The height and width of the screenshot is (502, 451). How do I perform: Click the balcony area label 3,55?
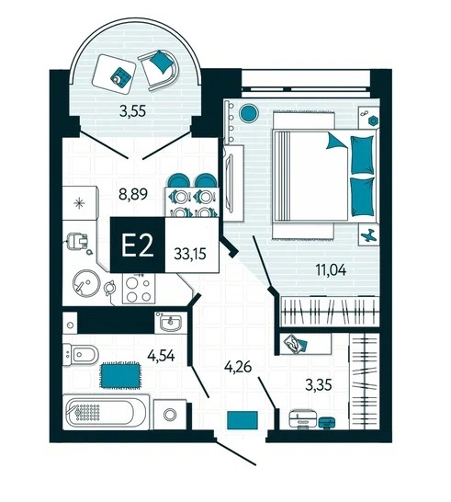pos(133,111)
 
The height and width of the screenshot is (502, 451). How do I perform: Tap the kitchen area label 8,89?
pos(133,194)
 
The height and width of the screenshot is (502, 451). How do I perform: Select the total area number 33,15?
pos(190,254)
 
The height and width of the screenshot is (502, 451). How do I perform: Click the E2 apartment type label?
pos(138,245)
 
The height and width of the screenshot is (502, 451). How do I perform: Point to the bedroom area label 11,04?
pos(331,270)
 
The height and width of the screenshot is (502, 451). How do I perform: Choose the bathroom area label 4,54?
pos(161,356)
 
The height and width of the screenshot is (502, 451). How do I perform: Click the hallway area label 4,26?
pos(238,367)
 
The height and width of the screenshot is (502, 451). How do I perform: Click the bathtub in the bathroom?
pos(107,412)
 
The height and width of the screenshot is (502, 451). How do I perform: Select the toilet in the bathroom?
pos(80,354)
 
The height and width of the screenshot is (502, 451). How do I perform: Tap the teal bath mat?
pos(120,375)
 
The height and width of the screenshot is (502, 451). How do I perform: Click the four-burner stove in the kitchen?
pos(139,290)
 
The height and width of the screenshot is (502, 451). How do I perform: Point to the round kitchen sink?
pos(86,284)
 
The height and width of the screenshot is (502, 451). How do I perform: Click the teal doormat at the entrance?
pos(242,420)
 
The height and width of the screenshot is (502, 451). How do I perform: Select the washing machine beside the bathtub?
pos(170,415)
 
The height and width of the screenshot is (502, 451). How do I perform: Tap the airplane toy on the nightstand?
pos(369,234)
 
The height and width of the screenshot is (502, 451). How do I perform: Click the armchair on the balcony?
pos(159,70)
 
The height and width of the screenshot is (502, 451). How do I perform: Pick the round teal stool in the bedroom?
pos(249,113)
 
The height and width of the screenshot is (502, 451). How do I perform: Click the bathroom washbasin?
pos(171,323)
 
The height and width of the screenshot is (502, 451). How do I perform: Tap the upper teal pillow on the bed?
pos(362,155)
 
